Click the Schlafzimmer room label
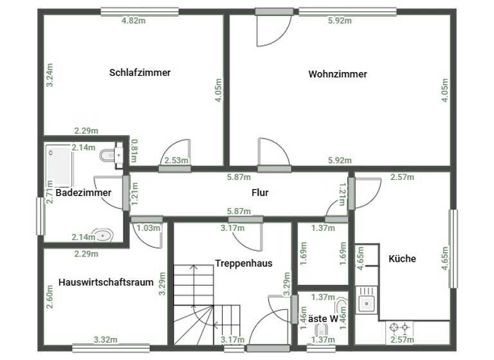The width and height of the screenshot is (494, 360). coord(140,73)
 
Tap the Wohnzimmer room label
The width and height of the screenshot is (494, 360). coord(338,74)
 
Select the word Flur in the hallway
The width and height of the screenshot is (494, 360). coord(260,192)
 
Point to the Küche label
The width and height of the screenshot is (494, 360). coord(402,258)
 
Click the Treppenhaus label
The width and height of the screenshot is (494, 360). coord(244,263)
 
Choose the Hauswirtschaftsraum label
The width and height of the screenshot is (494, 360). coord(105,282)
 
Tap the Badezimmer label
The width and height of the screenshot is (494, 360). coord(83,192)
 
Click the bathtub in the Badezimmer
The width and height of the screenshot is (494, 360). coord(59,165)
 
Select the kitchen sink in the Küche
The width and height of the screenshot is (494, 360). coord(367,301)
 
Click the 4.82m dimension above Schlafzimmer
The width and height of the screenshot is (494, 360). coord(133,21)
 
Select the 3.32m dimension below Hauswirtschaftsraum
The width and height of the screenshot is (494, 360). coord(105,339)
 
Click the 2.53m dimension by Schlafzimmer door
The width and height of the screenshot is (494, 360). coord(176,161)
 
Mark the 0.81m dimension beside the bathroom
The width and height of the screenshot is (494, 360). coord(134,150)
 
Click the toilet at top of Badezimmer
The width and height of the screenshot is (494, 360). coord(109,155)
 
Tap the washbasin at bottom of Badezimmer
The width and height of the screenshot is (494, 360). coord(102,235)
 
